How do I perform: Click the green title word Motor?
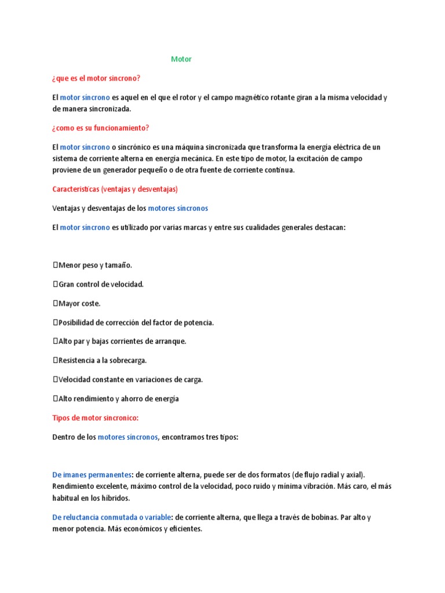181,59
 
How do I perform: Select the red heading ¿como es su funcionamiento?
104,128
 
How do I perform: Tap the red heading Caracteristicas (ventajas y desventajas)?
115,189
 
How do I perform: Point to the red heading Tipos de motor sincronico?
96,418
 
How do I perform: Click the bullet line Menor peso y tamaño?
93,265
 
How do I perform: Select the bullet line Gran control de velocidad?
99,284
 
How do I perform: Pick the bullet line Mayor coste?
77,303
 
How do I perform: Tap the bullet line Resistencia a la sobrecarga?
100,360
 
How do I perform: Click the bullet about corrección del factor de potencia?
133,323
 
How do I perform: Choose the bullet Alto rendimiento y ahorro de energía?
116,398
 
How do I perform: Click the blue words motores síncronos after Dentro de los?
128,437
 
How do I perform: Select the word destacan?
329,228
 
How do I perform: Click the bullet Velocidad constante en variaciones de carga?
127,379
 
